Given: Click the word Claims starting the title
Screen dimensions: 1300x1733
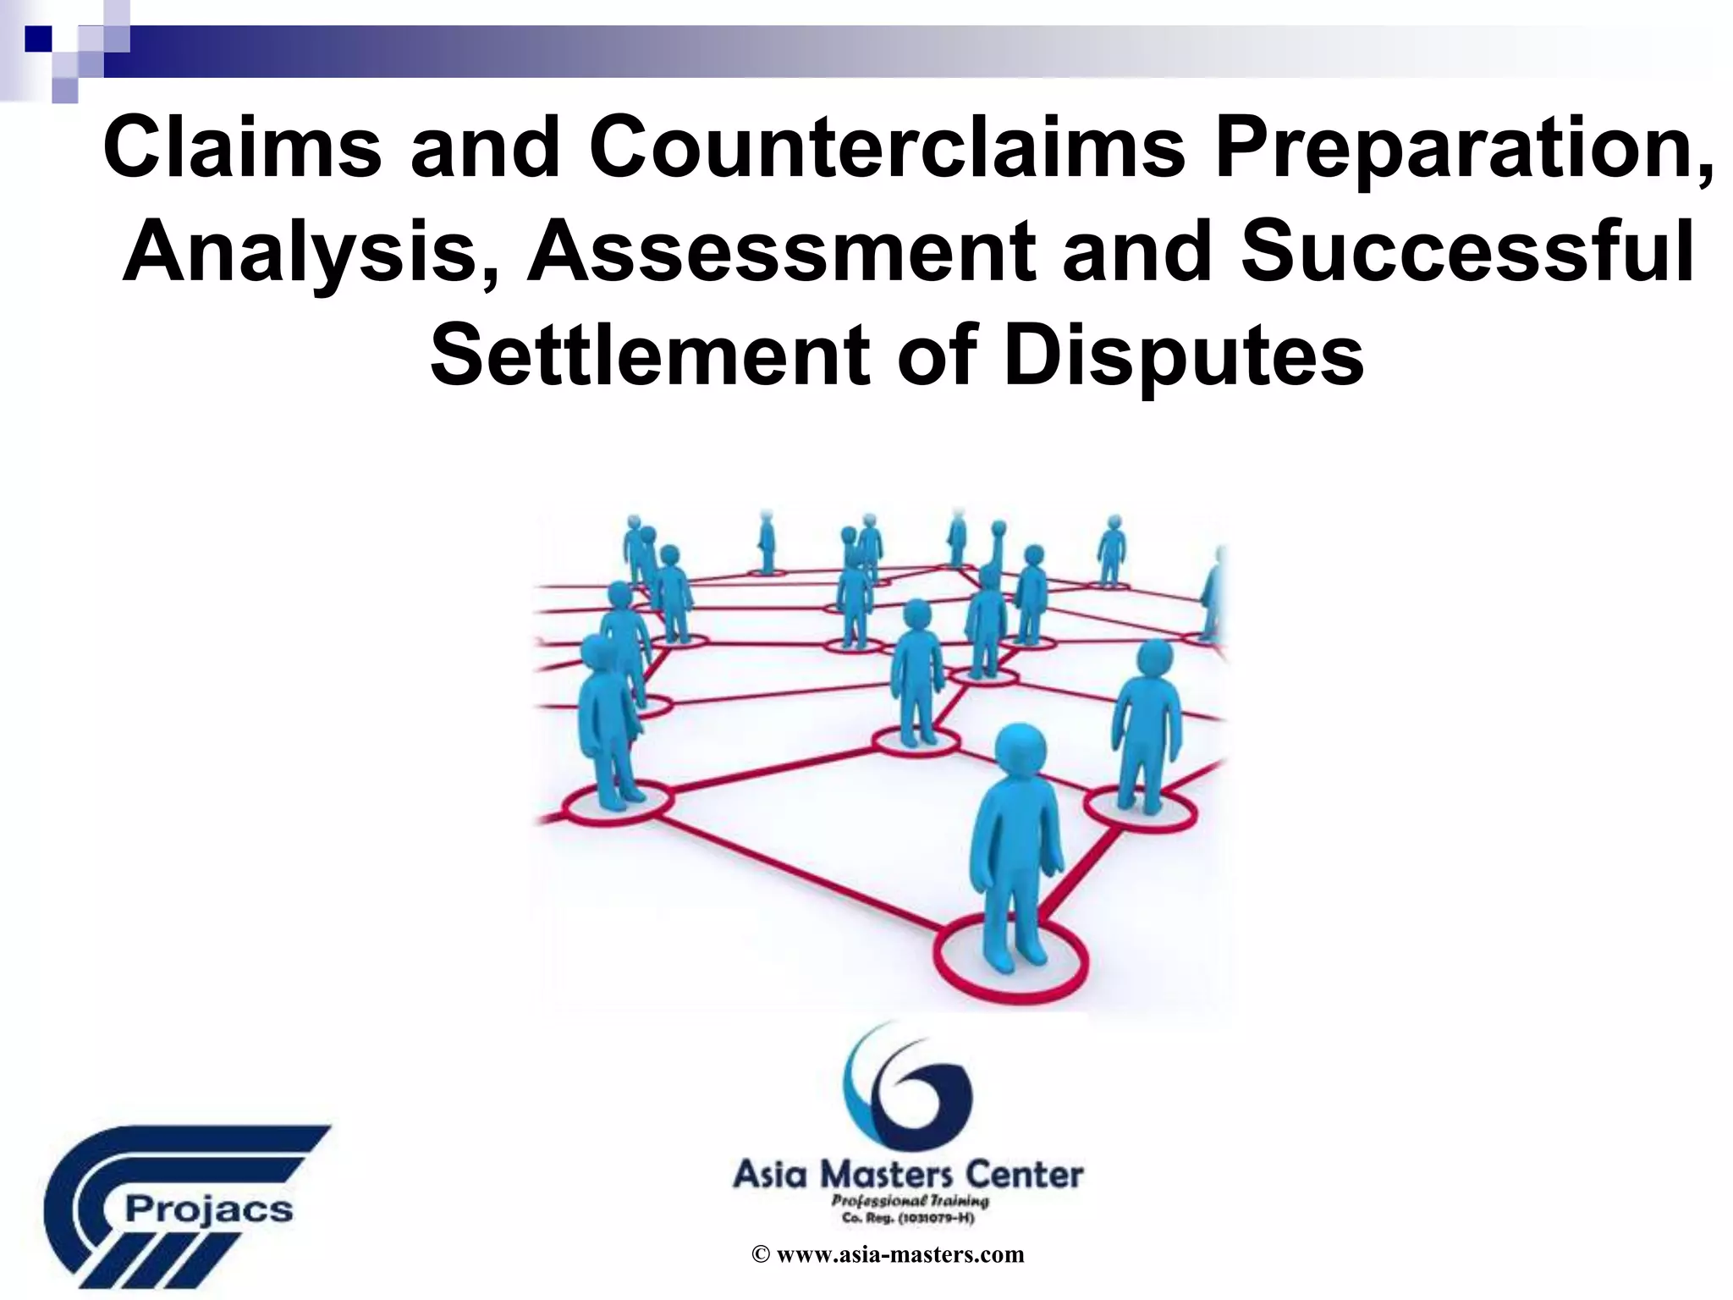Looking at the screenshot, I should click(x=242, y=149).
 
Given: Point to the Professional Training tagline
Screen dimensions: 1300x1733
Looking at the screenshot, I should click(x=909, y=1201).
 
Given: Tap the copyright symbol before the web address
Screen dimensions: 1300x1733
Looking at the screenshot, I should click(x=760, y=1255).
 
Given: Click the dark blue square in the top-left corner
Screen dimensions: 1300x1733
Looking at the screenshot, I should click(x=38, y=38).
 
